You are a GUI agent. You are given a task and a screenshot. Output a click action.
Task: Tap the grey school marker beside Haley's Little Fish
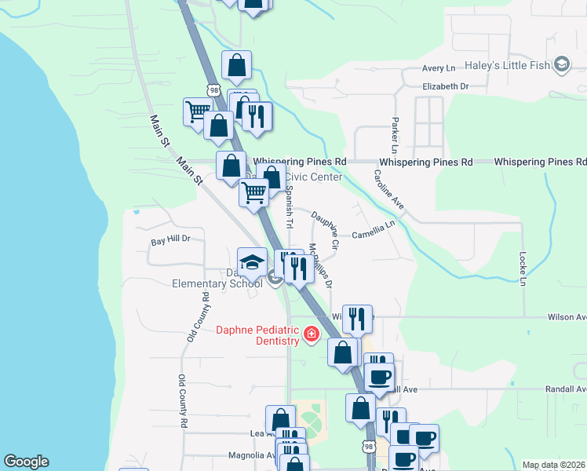click(562, 64)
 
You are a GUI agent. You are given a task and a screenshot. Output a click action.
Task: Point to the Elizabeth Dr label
click(445, 86)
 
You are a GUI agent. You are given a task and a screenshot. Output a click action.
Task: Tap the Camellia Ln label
click(374, 233)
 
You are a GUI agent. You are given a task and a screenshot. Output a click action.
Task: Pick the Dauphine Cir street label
click(325, 230)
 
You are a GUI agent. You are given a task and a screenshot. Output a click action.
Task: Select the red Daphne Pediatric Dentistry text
click(258, 334)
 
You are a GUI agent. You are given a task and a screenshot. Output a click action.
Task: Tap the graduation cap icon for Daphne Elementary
click(253, 261)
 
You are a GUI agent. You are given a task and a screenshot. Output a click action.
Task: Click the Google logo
click(26, 462)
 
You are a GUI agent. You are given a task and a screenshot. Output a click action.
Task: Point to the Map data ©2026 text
click(553, 465)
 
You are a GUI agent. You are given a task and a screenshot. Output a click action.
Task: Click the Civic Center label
click(314, 177)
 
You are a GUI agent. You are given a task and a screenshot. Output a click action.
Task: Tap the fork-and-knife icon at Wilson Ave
click(357, 318)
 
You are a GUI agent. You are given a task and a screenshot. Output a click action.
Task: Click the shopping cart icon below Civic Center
click(253, 191)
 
